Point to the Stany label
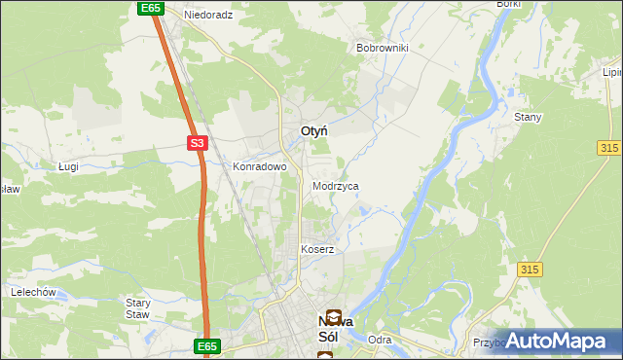coord(528,117)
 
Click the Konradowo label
coord(259,166)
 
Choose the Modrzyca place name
coord(336,185)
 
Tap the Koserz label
coord(317,249)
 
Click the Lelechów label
coord(30,292)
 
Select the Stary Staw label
coord(138,308)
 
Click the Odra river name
coord(380,340)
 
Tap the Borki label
coord(508,4)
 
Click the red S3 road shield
coord(198,143)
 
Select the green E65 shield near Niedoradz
coord(149,8)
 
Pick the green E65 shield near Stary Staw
coord(207,345)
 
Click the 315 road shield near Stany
coord(609,146)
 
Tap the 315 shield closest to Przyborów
coord(530,269)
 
